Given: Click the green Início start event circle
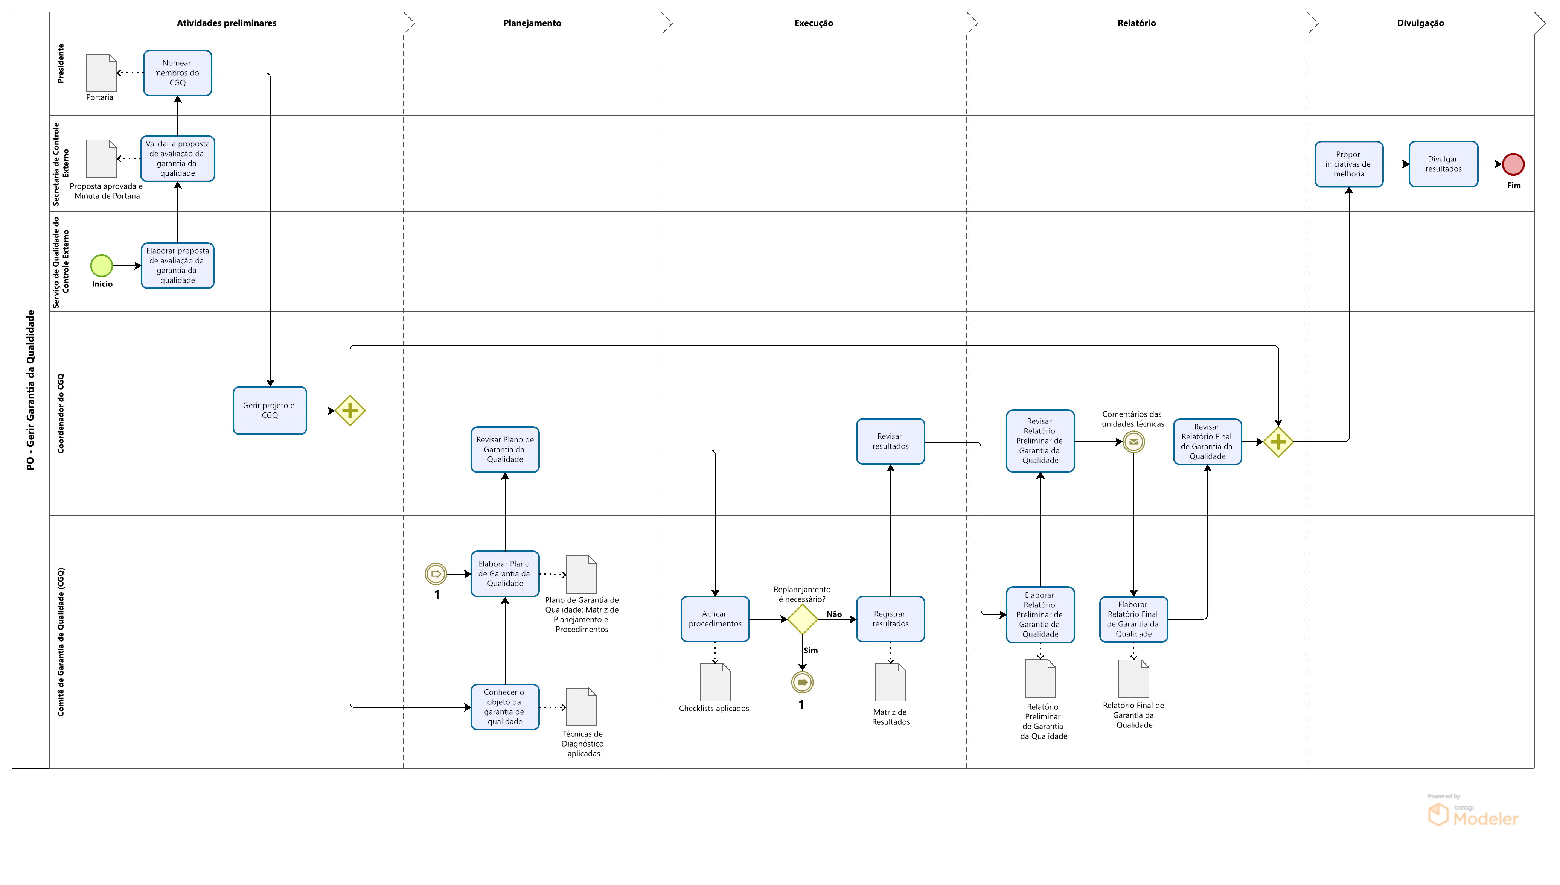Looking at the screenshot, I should [x=102, y=266].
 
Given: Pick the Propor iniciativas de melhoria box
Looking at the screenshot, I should [x=1348, y=164].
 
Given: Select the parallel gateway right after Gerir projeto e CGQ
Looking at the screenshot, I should [x=350, y=411].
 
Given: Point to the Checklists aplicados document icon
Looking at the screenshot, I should [x=715, y=682].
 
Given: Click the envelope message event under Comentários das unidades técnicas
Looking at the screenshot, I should [x=1133, y=442].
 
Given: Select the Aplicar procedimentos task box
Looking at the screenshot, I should [x=715, y=619].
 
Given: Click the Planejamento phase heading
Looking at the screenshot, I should [x=532, y=23].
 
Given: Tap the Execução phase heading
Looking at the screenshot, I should [x=814, y=23].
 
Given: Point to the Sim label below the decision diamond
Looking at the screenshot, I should [x=810, y=650].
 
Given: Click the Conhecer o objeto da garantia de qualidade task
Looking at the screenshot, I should [x=504, y=707].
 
